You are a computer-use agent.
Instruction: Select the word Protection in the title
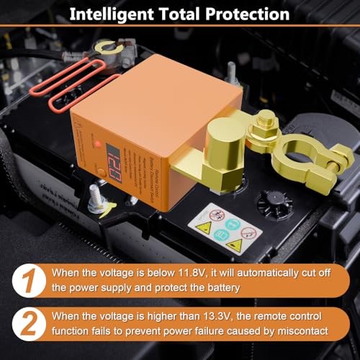[x=245, y=13]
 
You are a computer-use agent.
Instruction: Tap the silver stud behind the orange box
[x=232, y=72]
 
